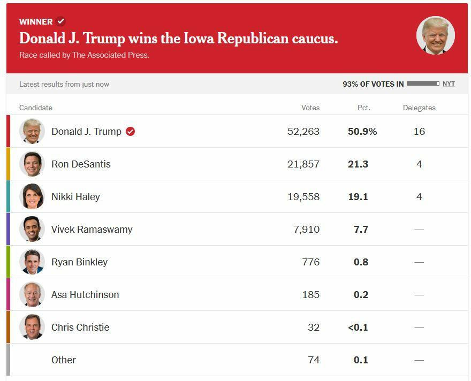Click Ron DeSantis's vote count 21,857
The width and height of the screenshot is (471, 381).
303,164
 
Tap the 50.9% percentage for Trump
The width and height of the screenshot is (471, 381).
362,132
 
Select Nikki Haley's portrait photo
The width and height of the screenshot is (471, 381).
32,196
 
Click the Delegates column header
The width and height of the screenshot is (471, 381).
419,108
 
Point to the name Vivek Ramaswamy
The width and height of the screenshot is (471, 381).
92,230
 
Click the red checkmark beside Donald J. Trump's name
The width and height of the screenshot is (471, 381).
130,132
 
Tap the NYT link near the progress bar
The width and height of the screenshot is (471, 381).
449,84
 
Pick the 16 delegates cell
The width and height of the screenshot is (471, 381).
419,132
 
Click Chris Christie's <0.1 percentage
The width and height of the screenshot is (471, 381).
358,327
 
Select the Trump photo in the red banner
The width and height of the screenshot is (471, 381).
435,35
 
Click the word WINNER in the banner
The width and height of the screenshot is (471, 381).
36,22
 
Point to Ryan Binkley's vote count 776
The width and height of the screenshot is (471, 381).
310,262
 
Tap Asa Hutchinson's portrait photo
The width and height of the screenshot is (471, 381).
32,294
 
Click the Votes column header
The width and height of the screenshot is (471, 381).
310,108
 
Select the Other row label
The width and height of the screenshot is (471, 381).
64,360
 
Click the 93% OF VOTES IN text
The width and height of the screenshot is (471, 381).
373,84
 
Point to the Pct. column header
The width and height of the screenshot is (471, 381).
363,108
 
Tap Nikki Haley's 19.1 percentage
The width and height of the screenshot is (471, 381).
358,197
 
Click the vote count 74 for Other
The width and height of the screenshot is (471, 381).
313,360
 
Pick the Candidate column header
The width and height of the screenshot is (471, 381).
36,108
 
